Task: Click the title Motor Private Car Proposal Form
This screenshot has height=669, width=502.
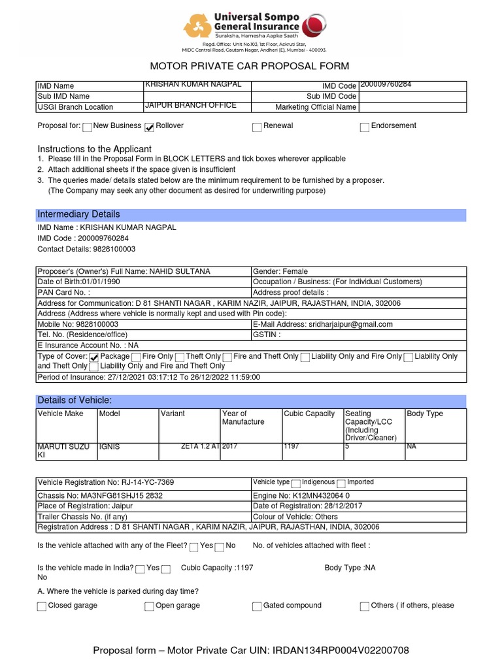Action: [x=250, y=66]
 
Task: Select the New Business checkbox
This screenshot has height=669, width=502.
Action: [x=87, y=127]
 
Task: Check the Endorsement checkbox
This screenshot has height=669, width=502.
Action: [x=365, y=127]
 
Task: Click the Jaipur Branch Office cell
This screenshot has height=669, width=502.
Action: [x=191, y=106]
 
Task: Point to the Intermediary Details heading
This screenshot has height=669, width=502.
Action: [x=78, y=214]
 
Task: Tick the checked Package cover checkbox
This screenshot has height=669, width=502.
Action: [x=93, y=357]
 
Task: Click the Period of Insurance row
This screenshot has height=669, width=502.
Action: [x=149, y=377]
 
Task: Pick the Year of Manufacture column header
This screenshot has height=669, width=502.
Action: [x=243, y=417]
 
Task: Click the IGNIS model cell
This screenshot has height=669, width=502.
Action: [x=109, y=447]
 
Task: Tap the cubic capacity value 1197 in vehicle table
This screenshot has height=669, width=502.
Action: [x=292, y=447]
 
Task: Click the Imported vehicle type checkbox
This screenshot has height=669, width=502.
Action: [x=341, y=483]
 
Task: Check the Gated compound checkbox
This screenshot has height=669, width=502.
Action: [x=257, y=606]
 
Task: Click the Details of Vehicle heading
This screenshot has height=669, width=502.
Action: [x=75, y=400]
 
